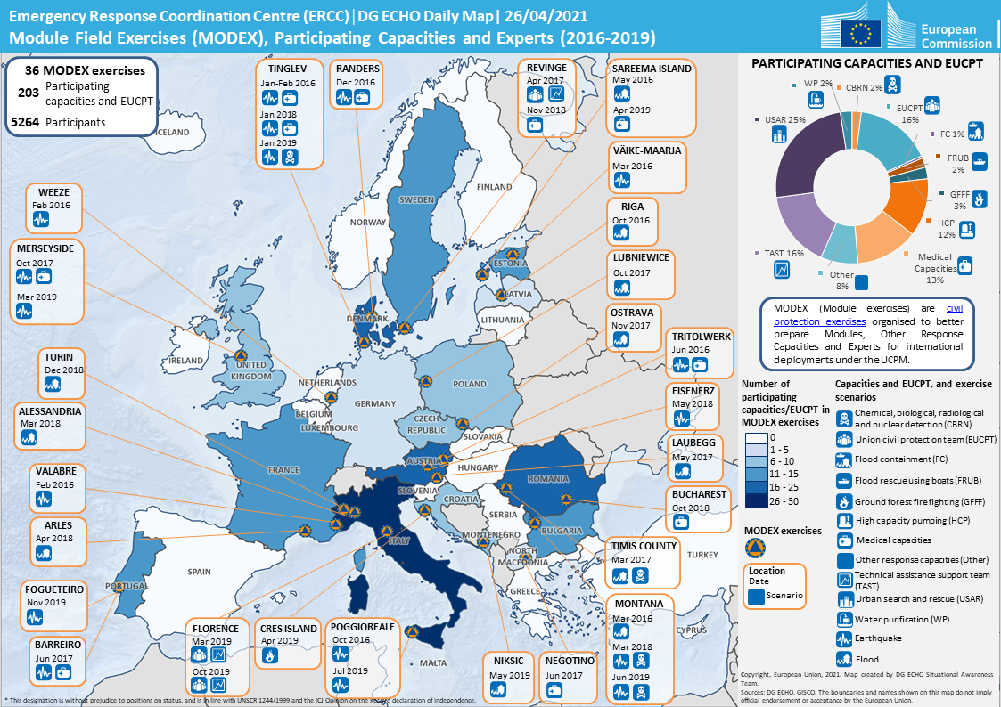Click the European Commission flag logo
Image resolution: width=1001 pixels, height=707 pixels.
[x=861, y=33]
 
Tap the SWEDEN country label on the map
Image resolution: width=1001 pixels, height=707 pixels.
[x=417, y=200]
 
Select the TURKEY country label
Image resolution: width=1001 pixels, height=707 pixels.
[x=702, y=555]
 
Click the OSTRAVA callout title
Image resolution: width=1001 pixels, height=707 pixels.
[x=632, y=313]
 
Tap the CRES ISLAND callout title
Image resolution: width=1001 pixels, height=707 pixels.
[x=289, y=628]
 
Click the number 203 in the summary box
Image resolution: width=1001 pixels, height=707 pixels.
[x=28, y=92]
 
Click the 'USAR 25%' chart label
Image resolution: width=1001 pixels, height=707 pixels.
[x=785, y=118]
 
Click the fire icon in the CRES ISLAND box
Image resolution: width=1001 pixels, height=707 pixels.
[x=270, y=655]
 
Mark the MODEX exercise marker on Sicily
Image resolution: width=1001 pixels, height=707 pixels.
[x=412, y=632]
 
